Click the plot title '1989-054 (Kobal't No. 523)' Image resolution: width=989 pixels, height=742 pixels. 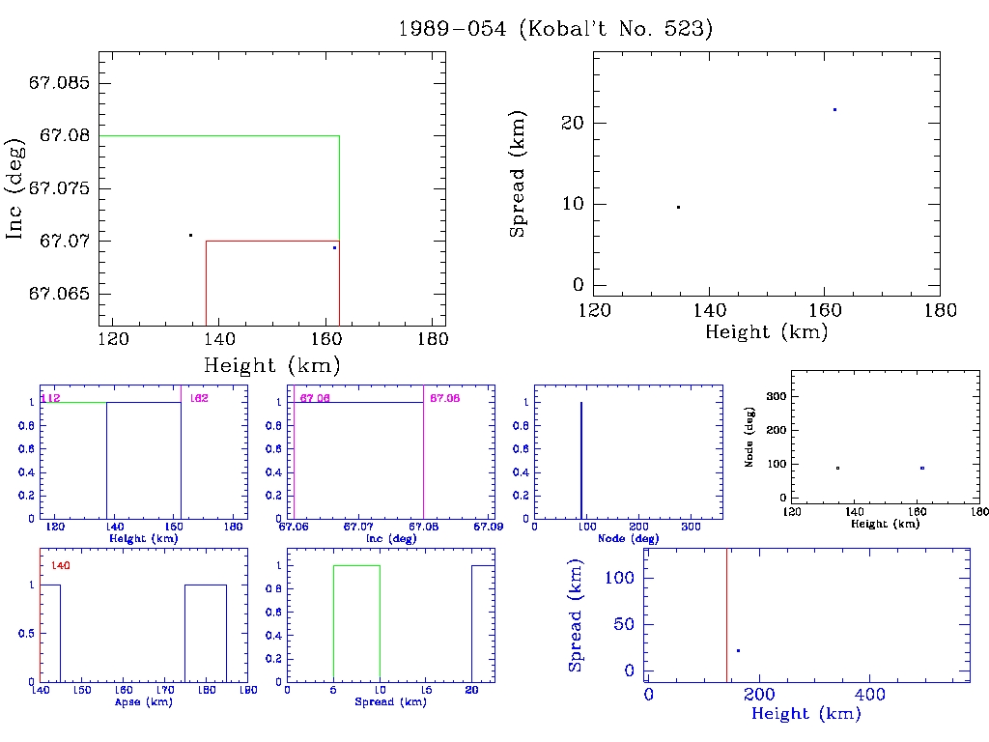[x=555, y=29]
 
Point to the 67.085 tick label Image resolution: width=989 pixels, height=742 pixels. [x=61, y=83]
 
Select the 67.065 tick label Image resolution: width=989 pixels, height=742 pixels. [x=61, y=294]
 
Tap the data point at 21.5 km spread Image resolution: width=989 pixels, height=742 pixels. [x=834, y=109]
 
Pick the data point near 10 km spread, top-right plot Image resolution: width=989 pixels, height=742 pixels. [x=678, y=207]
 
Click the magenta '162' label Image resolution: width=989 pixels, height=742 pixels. [x=199, y=398]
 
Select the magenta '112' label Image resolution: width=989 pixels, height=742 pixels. [x=51, y=398]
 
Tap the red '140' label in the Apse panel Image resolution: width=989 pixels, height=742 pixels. [x=60, y=565]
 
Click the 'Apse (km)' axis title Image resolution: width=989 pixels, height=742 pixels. [x=142, y=702]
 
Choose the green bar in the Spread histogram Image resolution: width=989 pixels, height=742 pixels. [x=356, y=623]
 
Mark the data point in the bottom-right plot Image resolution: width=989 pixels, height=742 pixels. [x=738, y=650]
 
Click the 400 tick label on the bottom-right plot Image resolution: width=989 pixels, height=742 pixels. [x=870, y=695]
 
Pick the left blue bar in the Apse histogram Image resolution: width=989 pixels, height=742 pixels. [x=50, y=633]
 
